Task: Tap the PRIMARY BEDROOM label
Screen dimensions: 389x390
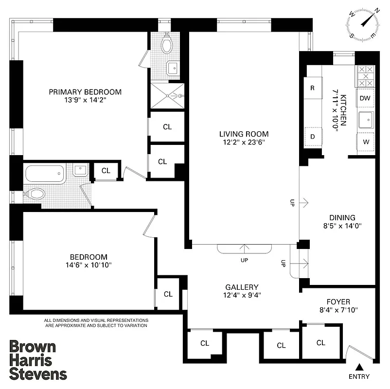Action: pos(85,92)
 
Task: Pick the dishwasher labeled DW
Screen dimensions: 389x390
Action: pos(365,98)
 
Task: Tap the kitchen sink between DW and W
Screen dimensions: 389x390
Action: pos(365,119)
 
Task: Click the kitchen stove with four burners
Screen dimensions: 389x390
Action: pos(365,76)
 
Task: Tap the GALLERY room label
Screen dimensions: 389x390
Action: pos(242,287)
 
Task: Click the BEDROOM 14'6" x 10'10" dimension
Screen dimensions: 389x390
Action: pos(88,265)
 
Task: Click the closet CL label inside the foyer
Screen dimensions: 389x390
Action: pos(320,343)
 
